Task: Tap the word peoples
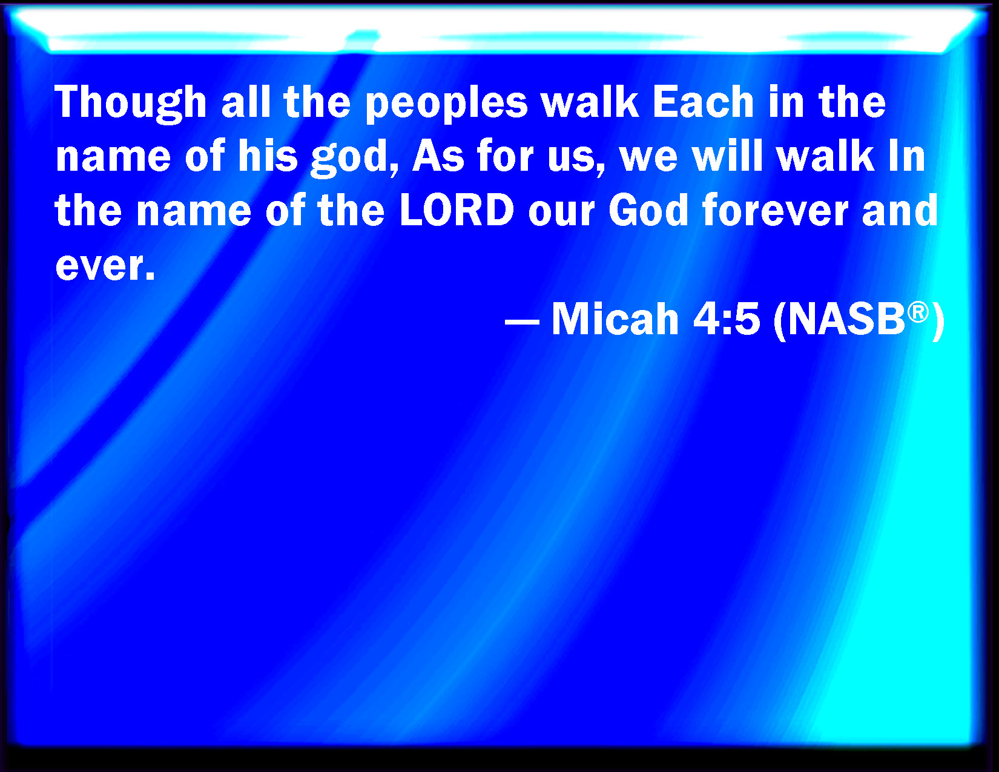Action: (x=446, y=104)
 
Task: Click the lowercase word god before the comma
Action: (x=349, y=159)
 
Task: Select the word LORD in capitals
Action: (x=457, y=210)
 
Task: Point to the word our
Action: (x=561, y=213)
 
